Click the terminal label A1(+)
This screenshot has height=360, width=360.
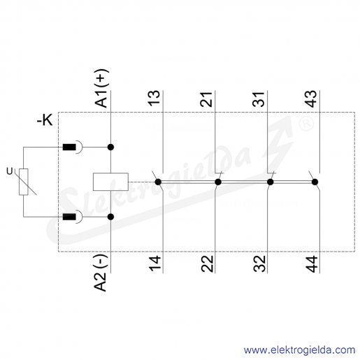101,88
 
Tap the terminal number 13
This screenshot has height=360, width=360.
154,99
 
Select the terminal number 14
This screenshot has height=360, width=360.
154,264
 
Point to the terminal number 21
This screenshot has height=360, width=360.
206,99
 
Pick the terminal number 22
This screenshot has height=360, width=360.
207,264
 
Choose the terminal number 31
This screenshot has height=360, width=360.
259,99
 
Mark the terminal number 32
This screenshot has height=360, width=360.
259,264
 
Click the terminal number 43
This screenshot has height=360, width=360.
311,99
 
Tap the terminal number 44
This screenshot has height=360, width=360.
312,264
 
